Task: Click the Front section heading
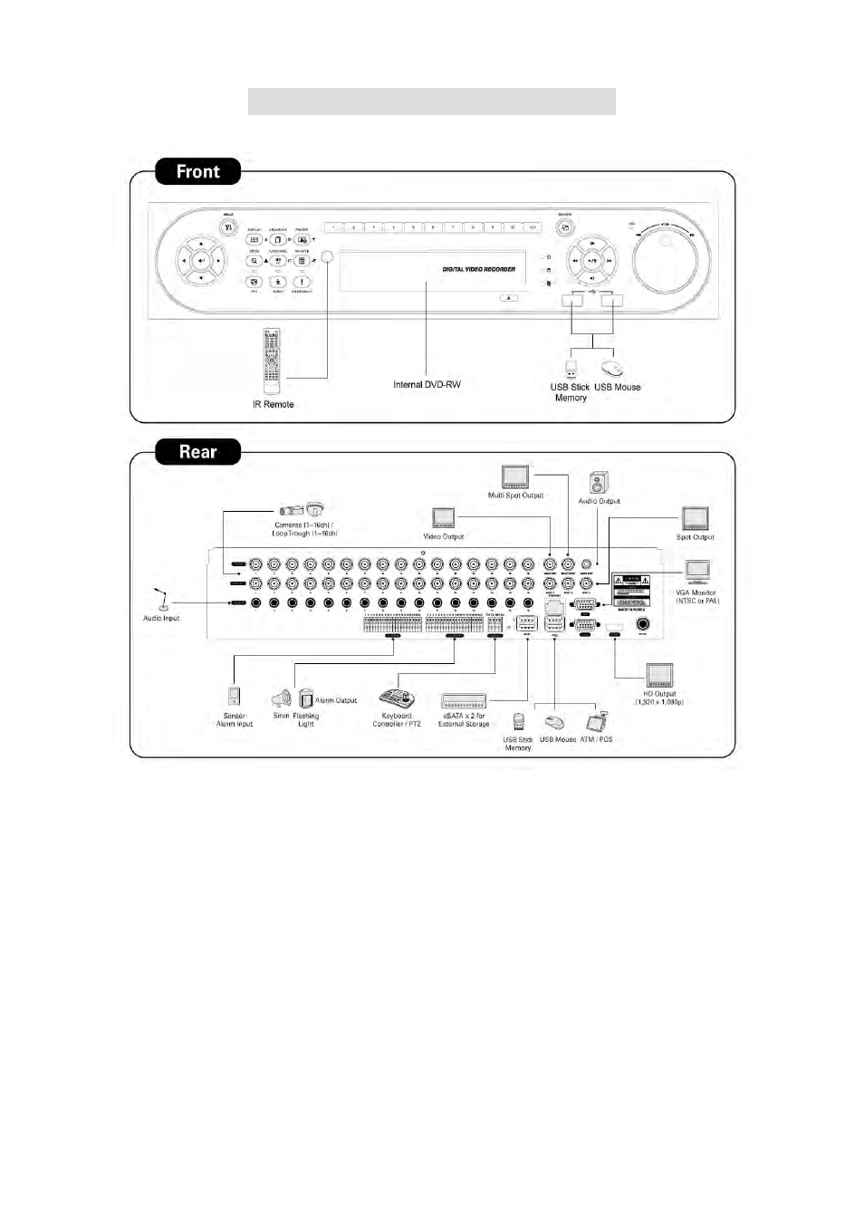pyautogui.click(x=197, y=171)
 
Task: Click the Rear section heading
pyautogui.click(x=197, y=452)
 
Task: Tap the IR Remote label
pyautogui.click(x=273, y=405)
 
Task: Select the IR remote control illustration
pyautogui.click(x=272, y=361)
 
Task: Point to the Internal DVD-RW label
pyautogui.click(x=427, y=385)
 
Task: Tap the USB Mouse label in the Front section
pyautogui.click(x=618, y=388)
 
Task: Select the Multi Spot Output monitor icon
pyautogui.click(x=515, y=477)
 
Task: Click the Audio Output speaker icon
pyautogui.click(x=599, y=483)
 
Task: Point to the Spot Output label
pyautogui.click(x=696, y=537)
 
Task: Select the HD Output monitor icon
pyautogui.click(x=659, y=676)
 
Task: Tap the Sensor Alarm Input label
pyautogui.click(x=235, y=720)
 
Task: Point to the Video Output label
pyautogui.click(x=444, y=537)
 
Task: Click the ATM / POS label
pyautogui.click(x=596, y=740)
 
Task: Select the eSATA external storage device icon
pyautogui.click(x=464, y=701)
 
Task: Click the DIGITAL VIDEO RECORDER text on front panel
pyautogui.click(x=479, y=269)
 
